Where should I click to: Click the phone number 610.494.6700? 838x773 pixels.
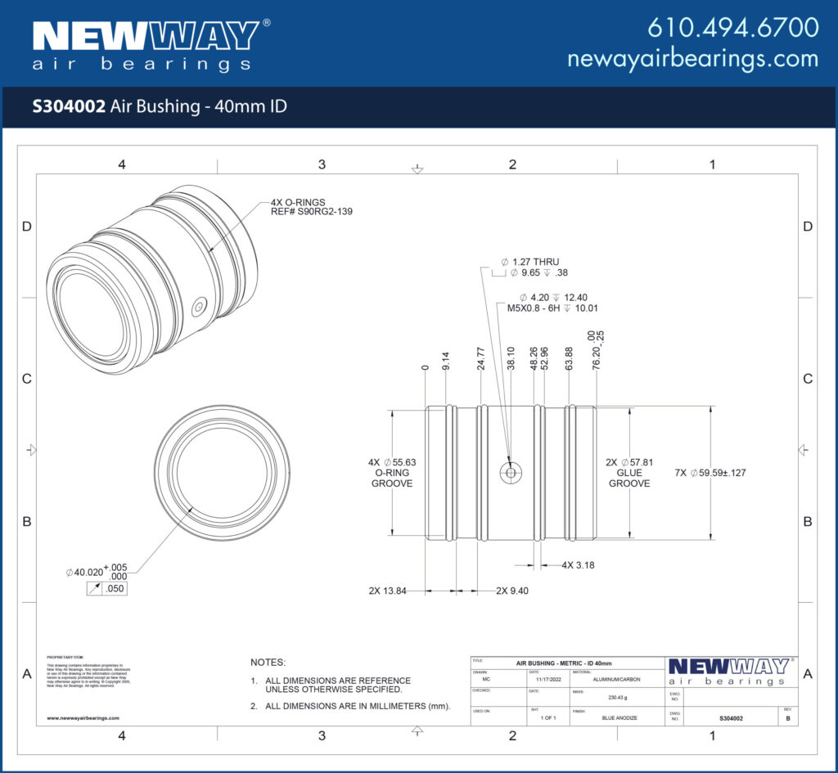(x=732, y=27)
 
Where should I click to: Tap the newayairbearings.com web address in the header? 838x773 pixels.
(x=692, y=59)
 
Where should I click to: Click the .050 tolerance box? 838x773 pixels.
(x=114, y=587)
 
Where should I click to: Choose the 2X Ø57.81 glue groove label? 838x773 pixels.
(x=628, y=473)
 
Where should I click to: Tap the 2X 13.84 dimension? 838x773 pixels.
(x=387, y=590)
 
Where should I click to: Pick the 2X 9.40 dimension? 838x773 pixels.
(x=512, y=590)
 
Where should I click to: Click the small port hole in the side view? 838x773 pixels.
(x=511, y=472)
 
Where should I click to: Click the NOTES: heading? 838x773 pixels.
(x=268, y=662)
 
